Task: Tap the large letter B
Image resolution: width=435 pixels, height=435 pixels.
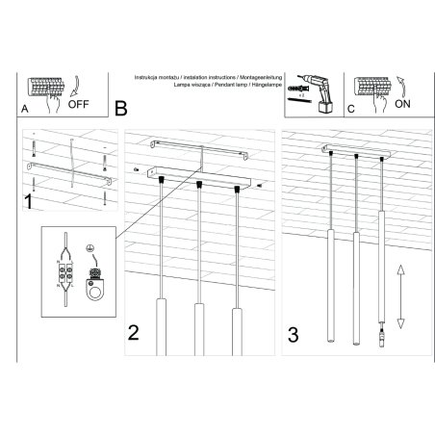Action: pos(120,108)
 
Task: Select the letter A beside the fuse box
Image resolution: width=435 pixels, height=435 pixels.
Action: pos(24,110)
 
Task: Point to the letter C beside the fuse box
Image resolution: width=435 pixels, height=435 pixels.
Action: pos(350,110)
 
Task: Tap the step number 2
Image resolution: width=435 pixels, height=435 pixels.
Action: pos(135,334)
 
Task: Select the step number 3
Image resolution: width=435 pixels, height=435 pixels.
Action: pos(294,335)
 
